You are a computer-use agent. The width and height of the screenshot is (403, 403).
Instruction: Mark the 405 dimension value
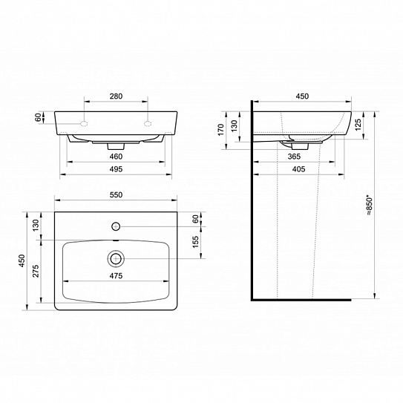tap(297, 169)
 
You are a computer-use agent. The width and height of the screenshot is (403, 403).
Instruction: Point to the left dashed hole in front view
tap(86, 121)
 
